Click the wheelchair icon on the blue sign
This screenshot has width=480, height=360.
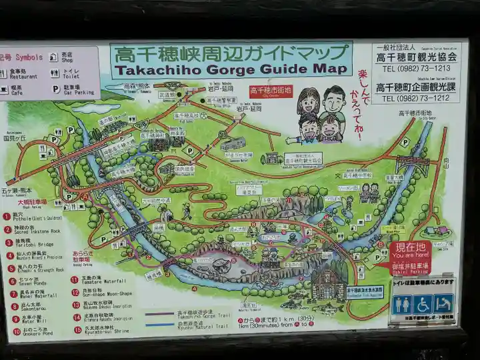422,305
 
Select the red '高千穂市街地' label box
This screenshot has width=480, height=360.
271,90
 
